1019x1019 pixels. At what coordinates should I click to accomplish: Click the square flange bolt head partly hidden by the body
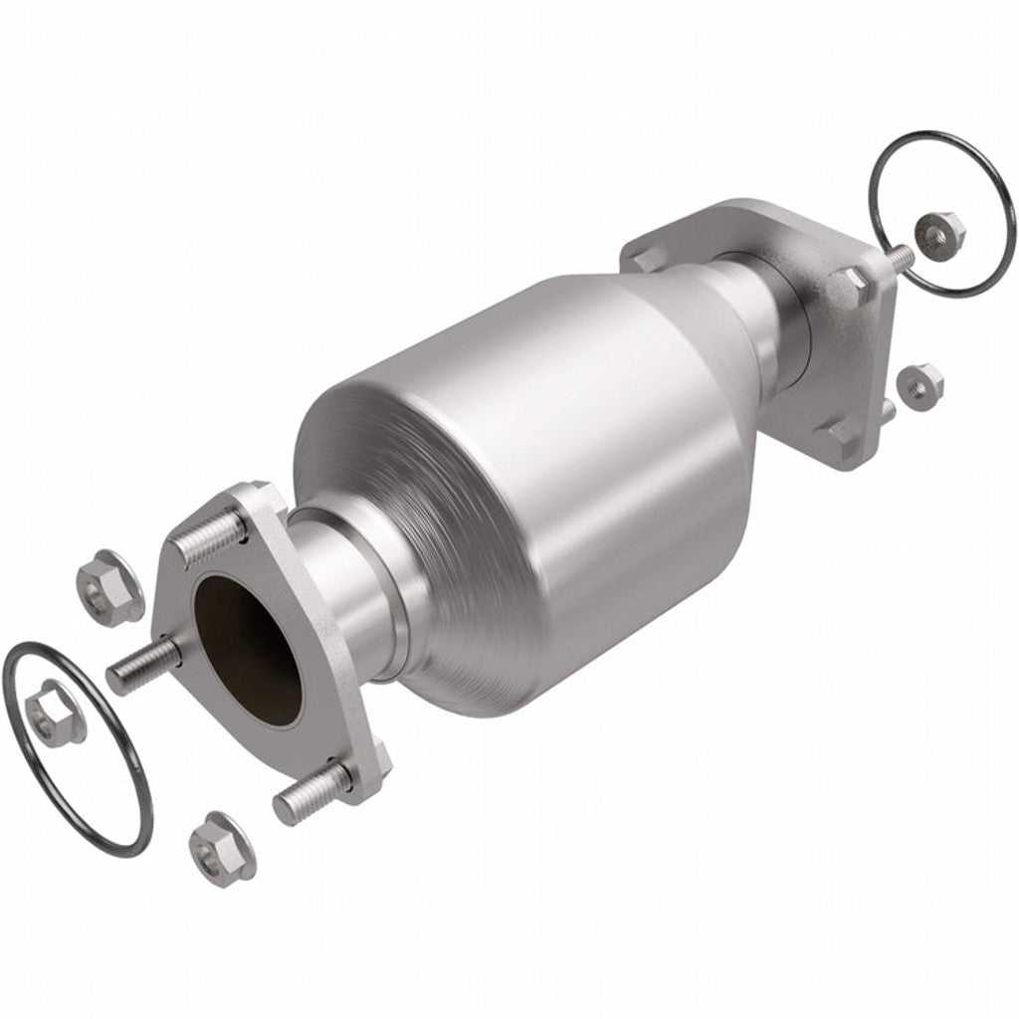(x=642, y=262)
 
